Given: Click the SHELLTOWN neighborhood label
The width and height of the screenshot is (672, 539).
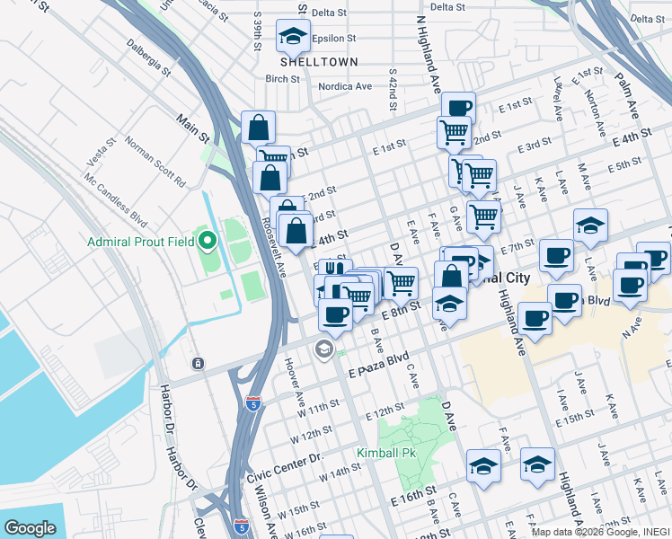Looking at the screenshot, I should pos(319,62).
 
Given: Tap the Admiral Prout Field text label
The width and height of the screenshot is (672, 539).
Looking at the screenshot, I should pos(141,242).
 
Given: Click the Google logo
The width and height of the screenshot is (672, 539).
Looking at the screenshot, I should pos(30,527).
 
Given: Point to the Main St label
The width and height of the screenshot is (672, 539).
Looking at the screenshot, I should pos(192,128).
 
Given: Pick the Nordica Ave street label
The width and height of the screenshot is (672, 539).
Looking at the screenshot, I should pos(345,86).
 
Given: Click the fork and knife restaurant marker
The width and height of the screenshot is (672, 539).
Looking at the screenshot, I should pos(333,270).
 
